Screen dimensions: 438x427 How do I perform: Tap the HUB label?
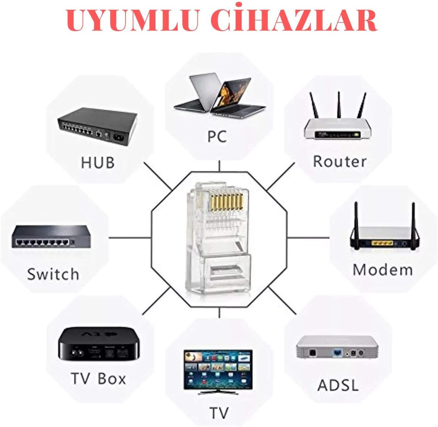click(x=98, y=163)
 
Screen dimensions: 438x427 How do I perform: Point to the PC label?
click(x=217, y=137)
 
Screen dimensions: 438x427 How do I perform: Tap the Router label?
click(x=340, y=162)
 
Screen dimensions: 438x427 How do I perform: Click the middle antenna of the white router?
click(x=339, y=105)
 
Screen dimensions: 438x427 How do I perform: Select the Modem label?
click(x=383, y=270)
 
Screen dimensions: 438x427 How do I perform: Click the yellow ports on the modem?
click(x=382, y=243)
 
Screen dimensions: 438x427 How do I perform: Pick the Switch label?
click(x=53, y=274)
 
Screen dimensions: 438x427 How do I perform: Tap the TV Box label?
click(x=98, y=379)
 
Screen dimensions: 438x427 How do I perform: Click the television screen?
click(x=218, y=369)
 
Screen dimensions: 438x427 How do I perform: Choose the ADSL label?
click(x=338, y=385)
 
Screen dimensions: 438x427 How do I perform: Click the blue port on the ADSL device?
click(x=338, y=353)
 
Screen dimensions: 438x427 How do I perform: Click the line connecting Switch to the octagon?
click(x=130, y=238)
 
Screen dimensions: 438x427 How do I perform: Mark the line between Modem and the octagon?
click(x=308, y=238)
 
